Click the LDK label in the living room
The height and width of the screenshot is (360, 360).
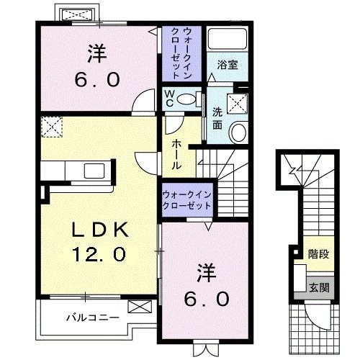coord(100,229)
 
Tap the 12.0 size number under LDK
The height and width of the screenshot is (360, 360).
coord(99,253)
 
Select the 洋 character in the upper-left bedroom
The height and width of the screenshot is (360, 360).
coord(98,53)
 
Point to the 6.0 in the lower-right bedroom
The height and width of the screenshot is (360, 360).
coord(206,297)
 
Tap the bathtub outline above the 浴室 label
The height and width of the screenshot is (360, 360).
coord(228,40)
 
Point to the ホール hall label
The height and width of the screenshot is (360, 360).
coord(176,153)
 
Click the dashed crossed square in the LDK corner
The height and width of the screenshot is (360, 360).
coord(51,127)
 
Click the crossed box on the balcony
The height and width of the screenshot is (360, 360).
coord(137,306)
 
